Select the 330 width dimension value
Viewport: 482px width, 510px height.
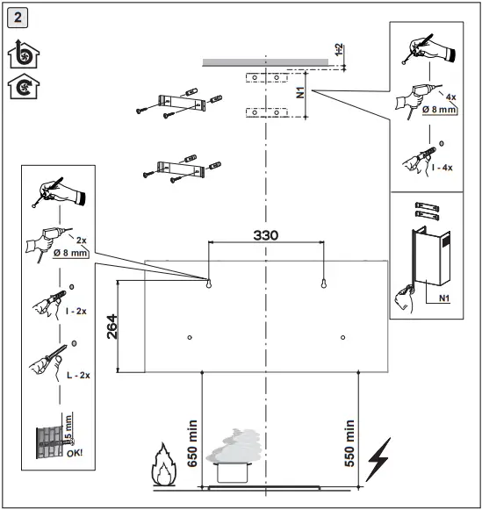(266, 235)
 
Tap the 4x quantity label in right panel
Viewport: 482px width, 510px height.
(450, 97)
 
